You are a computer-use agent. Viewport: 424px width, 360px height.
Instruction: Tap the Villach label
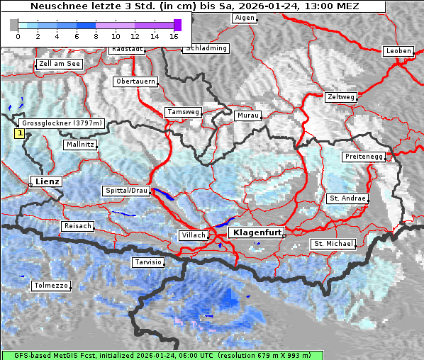tap(193, 235)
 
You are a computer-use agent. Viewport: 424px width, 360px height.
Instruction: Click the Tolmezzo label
tap(51, 286)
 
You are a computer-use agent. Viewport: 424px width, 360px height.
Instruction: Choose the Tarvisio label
tap(148, 262)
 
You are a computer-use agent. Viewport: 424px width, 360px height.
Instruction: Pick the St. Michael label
tap(333, 244)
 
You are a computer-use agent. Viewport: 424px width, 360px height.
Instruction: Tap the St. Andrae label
tap(347, 198)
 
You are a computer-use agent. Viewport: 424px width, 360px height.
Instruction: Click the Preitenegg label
tap(364, 156)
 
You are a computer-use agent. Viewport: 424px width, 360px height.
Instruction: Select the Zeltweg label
tap(341, 96)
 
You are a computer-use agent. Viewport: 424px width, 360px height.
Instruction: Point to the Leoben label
tap(397, 51)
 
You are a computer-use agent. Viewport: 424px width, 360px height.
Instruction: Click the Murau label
tap(248, 115)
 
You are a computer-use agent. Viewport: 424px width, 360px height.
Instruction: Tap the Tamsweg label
tap(183, 112)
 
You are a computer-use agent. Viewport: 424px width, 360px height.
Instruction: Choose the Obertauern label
tap(135, 81)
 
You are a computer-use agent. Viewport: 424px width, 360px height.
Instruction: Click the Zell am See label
tap(59, 64)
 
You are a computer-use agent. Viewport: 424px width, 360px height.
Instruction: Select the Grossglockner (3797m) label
tap(62, 123)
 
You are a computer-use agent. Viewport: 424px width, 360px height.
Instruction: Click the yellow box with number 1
tap(20, 133)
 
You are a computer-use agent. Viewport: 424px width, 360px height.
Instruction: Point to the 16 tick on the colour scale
tap(174, 36)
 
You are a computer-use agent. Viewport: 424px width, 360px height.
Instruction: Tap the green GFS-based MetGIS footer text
tap(162, 355)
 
